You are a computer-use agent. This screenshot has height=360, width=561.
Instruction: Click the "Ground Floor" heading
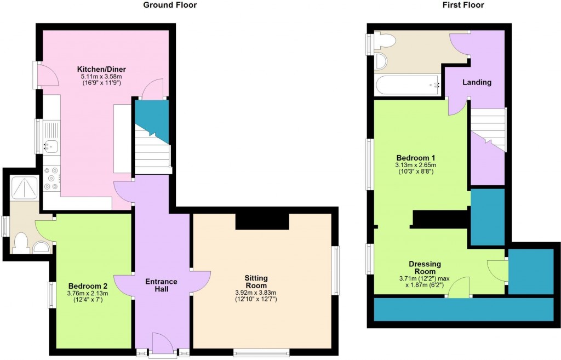click(170, 5)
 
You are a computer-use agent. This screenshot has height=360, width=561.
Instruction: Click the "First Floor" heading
click(463, 5)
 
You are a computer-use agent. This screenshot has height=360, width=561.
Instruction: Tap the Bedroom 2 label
click(88, 286)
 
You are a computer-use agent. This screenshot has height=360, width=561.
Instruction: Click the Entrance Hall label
click(161, 285)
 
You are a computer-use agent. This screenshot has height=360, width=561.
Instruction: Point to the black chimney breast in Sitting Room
click(262, 221)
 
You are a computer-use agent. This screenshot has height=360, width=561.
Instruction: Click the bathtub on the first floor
click(408, 85)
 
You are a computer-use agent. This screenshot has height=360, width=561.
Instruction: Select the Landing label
click(477, 82)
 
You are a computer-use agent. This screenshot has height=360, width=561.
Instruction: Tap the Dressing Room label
click(425, 267)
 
